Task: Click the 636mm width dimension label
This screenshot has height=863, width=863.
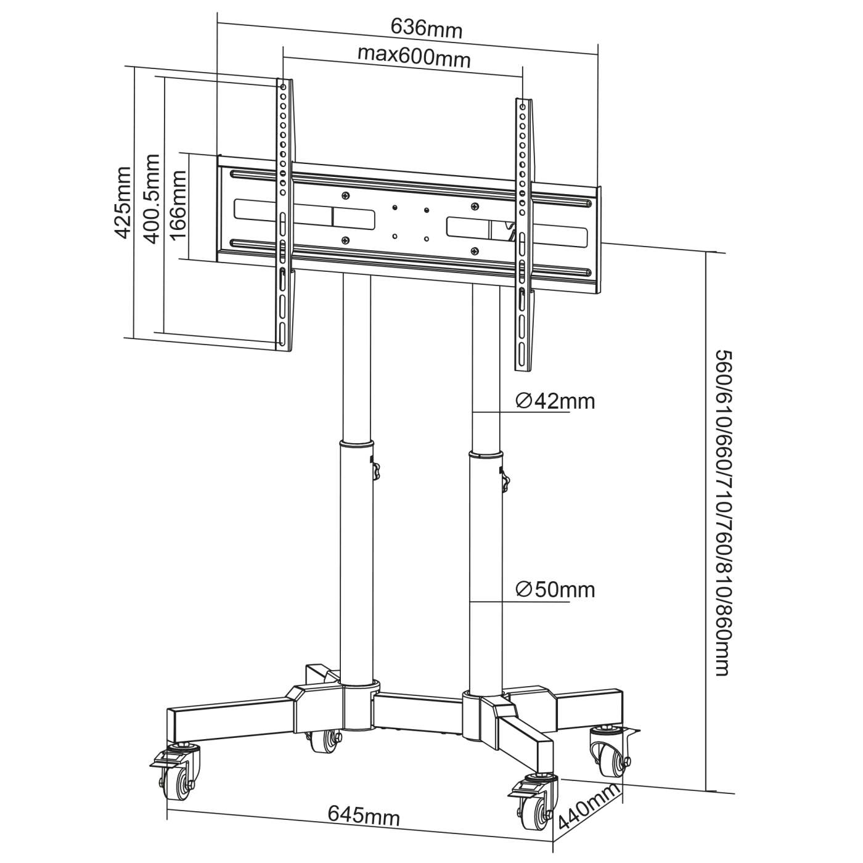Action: click(426, 28)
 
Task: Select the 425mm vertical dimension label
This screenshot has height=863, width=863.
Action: click(122, 202)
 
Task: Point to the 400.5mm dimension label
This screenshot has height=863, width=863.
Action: click(151, 198)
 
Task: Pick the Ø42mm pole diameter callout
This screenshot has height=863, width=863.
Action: click(555, 401)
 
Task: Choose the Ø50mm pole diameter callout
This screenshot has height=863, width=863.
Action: click(555, 590)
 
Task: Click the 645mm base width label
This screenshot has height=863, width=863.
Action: click(364, 817)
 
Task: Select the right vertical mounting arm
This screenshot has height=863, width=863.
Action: click(523, 234)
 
